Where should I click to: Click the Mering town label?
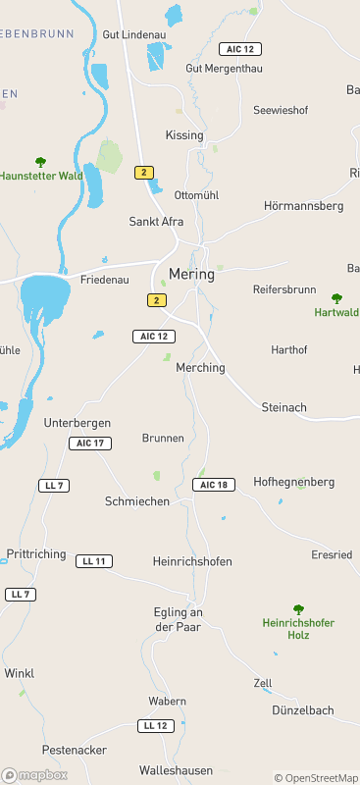191,274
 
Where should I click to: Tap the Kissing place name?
184,135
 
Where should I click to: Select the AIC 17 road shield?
90,444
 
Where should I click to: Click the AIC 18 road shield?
215,485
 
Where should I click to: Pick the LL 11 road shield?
94,561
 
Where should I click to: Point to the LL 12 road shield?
155,725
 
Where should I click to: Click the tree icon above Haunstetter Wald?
40,162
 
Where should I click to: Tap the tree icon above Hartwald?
336,298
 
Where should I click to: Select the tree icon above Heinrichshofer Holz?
298,609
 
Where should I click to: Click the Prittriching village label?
35,553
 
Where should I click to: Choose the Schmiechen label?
137,501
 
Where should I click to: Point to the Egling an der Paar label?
178,619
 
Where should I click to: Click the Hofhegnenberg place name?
294,482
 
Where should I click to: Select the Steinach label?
284,406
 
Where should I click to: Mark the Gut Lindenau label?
134,34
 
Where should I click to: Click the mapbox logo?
35,774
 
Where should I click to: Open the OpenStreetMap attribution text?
316,778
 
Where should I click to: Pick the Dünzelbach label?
303,710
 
